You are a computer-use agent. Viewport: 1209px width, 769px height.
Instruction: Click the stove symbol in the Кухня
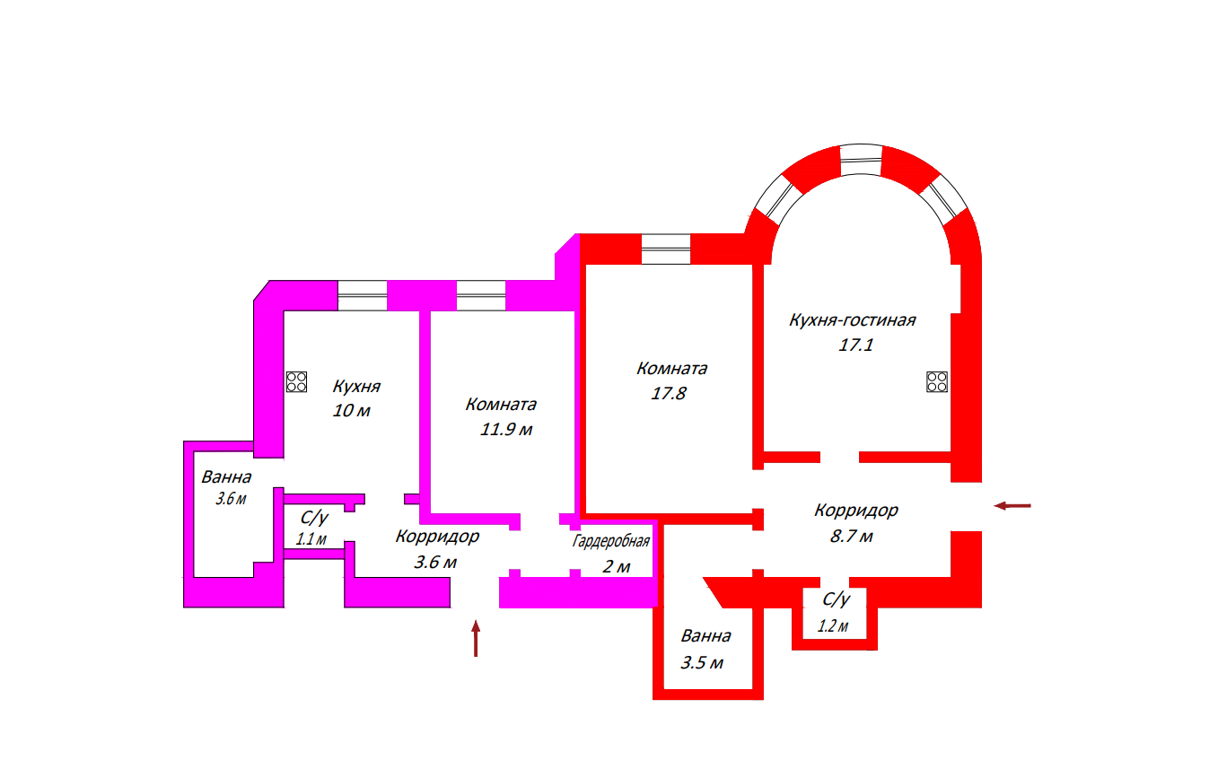click(297, 382)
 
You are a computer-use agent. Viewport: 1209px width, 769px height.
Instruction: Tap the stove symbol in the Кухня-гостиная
click(937, 381)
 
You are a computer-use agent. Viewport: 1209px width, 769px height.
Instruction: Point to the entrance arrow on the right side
click(1012, 506)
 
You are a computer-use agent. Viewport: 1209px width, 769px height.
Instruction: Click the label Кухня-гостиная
click(852, 320)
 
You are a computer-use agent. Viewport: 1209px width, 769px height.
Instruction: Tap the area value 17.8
click(669, 393)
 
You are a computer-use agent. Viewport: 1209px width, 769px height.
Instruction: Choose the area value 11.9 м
click(506, 430)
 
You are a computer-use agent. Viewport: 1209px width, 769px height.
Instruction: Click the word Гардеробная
click(610, 542)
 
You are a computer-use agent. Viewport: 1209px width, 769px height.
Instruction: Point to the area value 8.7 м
click(851, 537)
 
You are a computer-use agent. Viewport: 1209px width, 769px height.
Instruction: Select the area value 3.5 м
click(702, 663)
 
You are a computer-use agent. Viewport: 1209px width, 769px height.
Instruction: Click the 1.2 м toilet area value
click(832, 626)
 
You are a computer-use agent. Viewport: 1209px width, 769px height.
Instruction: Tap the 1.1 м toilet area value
click(311, 539)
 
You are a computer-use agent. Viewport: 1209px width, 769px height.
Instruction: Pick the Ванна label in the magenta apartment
click(226, 477)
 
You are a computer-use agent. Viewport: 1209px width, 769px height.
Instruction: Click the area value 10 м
click(351, 411)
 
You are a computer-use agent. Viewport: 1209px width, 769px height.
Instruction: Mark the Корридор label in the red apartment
click(855, 511)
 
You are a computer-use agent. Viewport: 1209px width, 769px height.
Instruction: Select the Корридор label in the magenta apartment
click(437, 537)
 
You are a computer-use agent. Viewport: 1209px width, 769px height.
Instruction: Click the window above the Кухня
click(362, 296)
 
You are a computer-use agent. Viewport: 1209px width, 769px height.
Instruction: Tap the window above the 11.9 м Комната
click(480, 296)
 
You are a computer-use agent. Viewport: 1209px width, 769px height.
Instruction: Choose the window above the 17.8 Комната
click(666, 249)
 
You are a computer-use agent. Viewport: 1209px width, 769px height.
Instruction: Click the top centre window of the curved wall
click(861, 162)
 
